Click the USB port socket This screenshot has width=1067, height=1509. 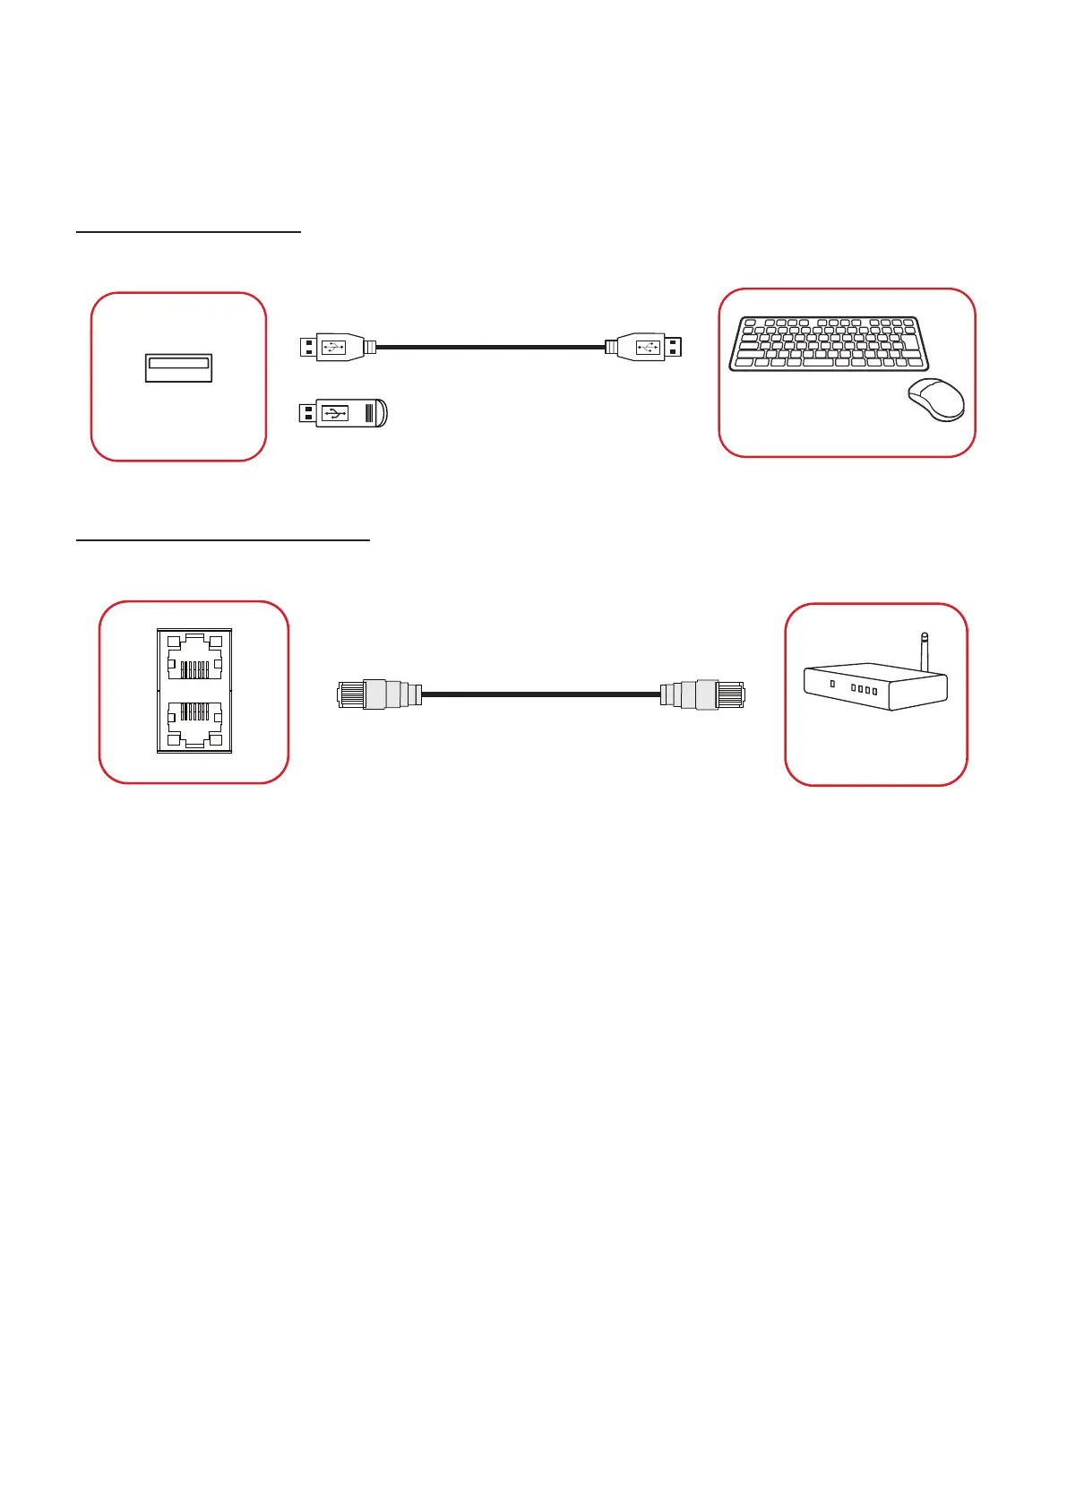point(178,368)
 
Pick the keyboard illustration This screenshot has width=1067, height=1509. point(829,343)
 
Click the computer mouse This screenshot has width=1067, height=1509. point(937,400)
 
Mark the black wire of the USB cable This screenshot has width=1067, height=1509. point(491,346)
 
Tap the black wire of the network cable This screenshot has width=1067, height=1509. point(541,694)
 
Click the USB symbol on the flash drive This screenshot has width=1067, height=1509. point(334,413)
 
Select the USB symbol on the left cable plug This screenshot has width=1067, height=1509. point(332,346)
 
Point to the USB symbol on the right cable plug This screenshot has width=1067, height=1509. point(648,346)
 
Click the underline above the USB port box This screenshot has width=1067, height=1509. point(188,231)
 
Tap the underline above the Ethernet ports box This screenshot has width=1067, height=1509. point(223,540)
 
